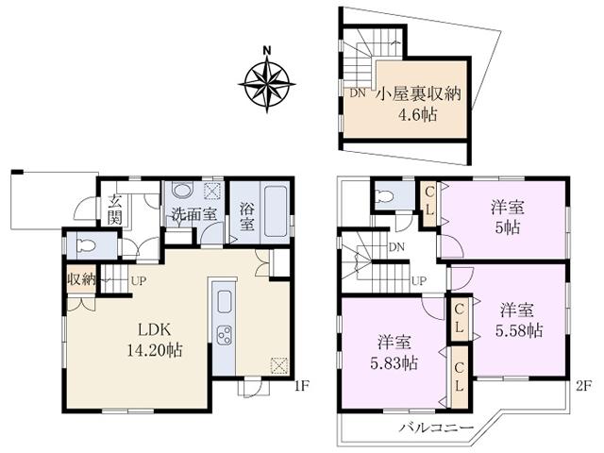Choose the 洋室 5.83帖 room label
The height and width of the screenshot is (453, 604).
(388, 354)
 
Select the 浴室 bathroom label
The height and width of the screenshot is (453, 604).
(246, 216)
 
